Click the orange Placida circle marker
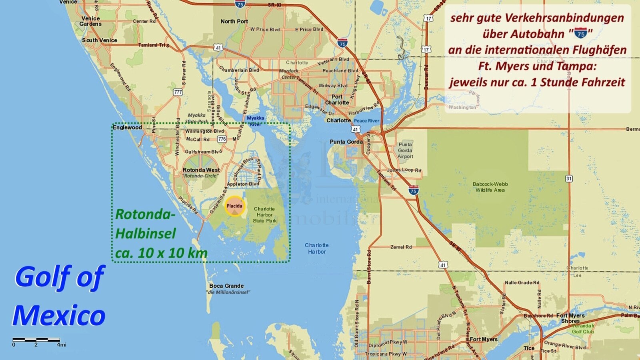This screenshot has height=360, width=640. coord(234,206)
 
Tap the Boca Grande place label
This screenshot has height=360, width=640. coord(226,286)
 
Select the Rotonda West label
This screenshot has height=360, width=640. coord(201,170)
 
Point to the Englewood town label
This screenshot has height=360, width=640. coord(127,127)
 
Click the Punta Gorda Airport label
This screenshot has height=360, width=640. coord(405,150)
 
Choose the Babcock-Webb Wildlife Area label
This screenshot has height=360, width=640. coord(490,187)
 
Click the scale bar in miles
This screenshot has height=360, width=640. coord(36,340)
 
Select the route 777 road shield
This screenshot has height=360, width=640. coord(178,92)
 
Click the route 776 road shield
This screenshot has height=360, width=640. coord(222,139)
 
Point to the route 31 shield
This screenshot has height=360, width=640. coord(569,178)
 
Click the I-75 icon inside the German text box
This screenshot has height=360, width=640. coord(580,34)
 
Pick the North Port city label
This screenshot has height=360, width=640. coord(234,21)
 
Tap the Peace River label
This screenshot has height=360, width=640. coord(366,120)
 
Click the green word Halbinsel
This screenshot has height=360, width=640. coord(146,233)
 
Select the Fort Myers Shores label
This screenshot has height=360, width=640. coord(570,318)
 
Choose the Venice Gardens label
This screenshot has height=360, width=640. coord(90,21)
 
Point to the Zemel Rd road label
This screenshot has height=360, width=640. coord(401,247)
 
